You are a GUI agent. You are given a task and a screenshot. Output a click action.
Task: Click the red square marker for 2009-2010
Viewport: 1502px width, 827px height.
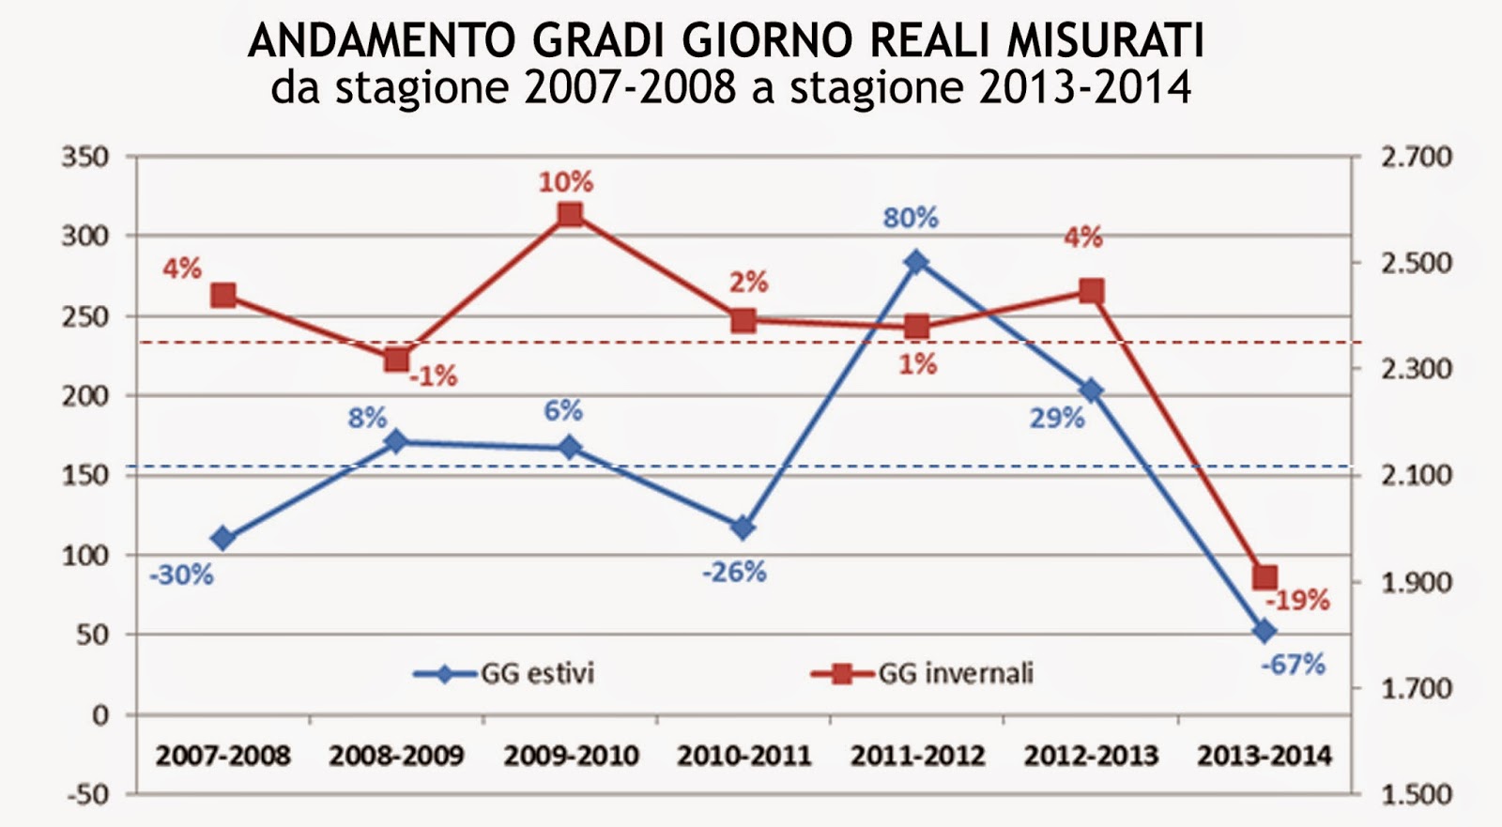coord(570,215)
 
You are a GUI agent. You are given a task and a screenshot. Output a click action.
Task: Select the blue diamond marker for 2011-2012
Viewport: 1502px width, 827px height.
coord(917,262)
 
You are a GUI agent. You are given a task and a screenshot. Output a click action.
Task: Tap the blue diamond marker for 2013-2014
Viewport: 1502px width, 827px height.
coord(1264,631)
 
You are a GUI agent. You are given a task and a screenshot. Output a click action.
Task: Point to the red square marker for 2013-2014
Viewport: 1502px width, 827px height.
coord(1264,577)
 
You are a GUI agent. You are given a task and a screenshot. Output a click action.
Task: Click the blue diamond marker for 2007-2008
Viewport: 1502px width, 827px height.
coord(223,538)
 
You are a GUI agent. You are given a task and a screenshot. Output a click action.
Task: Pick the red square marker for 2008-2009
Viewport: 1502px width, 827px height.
coord(396,360)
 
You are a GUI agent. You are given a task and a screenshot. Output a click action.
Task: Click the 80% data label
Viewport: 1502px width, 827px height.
coord(910,218)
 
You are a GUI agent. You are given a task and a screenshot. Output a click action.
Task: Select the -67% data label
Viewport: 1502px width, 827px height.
coord(1293,666)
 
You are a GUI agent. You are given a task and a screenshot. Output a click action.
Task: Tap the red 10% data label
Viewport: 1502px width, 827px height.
coord(565,182)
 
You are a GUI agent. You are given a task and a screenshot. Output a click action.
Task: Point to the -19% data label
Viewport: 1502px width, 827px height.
coord(1298,600)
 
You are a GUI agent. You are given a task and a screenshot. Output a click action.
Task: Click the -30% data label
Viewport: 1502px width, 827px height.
coord(181,574)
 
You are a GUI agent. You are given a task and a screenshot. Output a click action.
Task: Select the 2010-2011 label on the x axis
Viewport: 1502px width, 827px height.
coord(743,756)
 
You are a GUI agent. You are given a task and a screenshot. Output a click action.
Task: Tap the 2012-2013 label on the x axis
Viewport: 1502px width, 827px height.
coord(1091,756)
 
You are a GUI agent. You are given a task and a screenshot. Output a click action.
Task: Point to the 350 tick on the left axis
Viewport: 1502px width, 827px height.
coord(84,157)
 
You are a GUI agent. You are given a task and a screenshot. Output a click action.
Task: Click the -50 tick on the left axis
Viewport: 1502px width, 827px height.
coord(87,794)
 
